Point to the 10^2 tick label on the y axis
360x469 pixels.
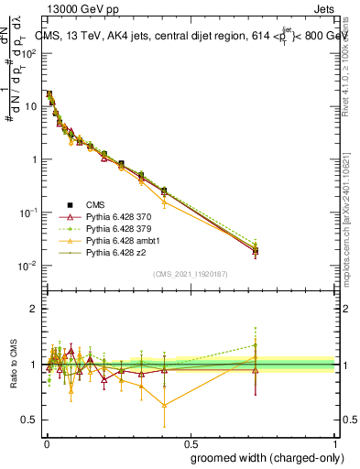click(x=27, y=53)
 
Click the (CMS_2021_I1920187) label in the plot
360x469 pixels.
click(x=189, y=274)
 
